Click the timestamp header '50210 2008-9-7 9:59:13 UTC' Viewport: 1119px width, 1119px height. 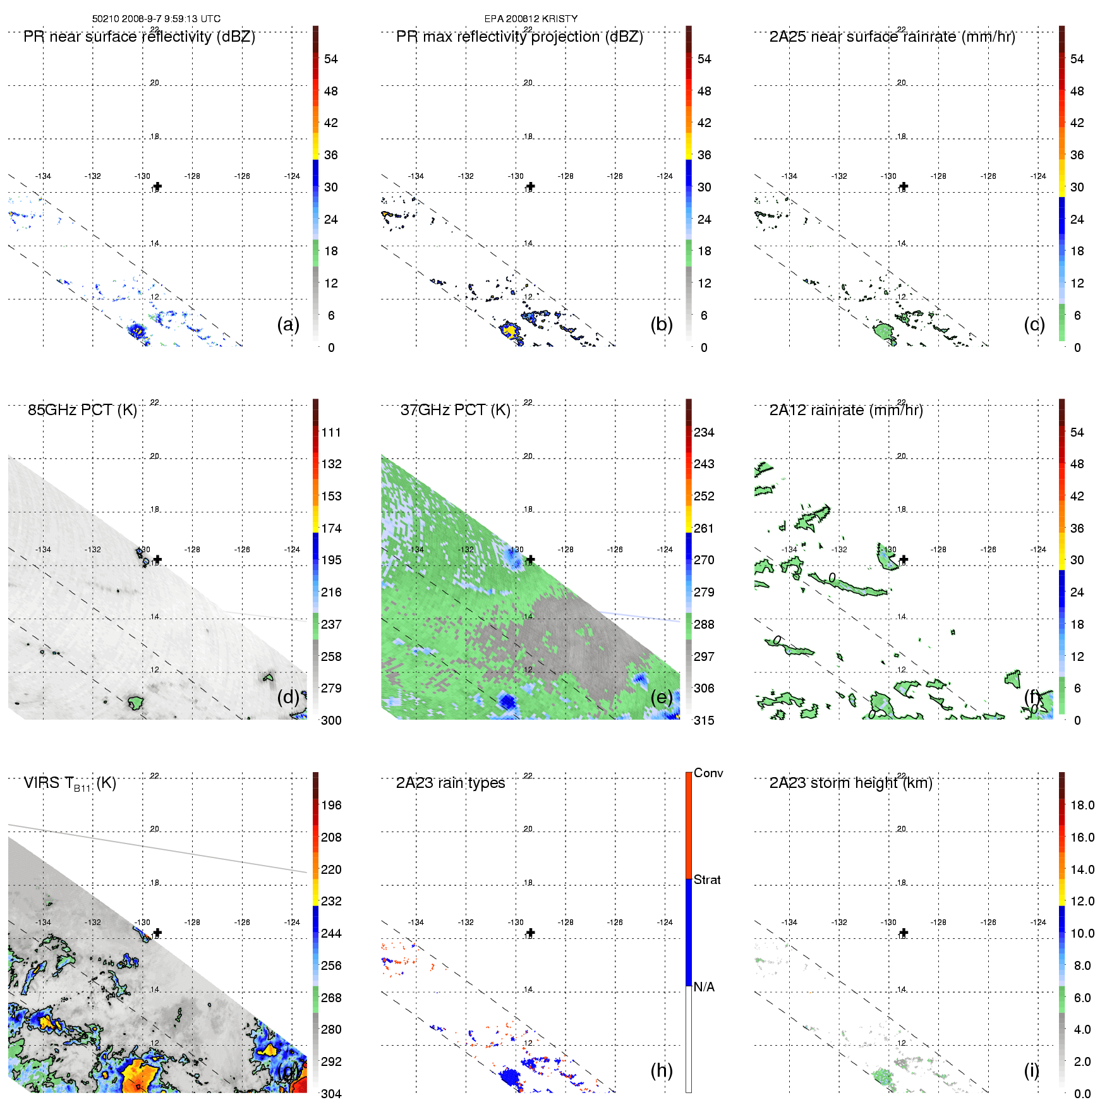pos(156,19)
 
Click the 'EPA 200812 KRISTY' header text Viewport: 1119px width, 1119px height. pos(531,19)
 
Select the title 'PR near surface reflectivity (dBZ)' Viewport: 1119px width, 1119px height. pos(139,37)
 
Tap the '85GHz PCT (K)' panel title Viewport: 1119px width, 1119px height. pos(82,410)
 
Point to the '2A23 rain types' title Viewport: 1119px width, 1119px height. pos(450,783)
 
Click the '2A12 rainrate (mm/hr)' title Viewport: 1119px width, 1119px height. pos(846,410)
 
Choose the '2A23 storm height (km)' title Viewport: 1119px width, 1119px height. pos(850,783)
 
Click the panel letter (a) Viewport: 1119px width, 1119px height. pos(288,324)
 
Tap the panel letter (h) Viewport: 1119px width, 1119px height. pos(662,1070)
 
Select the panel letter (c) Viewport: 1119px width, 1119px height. pos(1034,324)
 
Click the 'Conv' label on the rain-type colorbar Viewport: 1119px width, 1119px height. pos(708,773)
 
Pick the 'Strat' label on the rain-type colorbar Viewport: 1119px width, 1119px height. pos(707,880)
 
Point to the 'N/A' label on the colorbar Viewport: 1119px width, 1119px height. pos(704,987)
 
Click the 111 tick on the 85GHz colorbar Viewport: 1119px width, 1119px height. pos(331,432)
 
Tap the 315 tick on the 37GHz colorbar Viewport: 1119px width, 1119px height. pos(704,720)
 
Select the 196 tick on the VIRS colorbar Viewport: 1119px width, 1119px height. pos(331,805)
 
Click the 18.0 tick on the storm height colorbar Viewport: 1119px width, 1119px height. pos(1082,805)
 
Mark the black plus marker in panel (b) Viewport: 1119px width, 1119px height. pos(531,186)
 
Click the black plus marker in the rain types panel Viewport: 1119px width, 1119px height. pos(531,933)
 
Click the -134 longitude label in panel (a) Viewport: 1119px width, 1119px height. pos(44,176)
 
